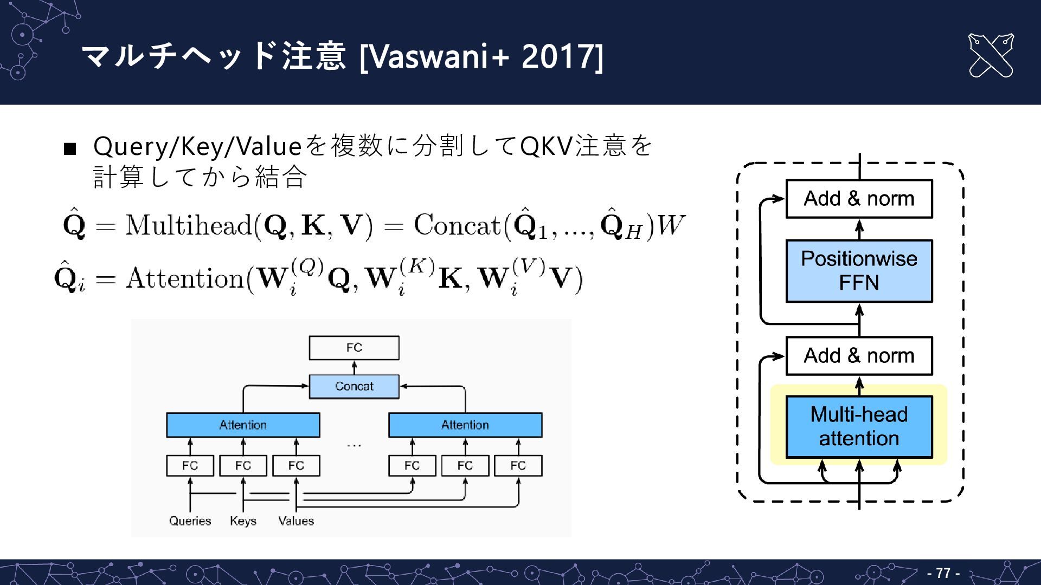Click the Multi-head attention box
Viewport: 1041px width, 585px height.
click(x=859, y=427)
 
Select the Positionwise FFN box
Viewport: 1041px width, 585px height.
click(x=859, y=271)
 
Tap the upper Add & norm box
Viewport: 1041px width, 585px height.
click(x=859, y=199)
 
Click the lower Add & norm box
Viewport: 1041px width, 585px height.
click(x=859, y=356)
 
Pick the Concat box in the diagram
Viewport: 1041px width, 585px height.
click(x=354, y=386)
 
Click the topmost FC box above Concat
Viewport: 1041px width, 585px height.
click(x=354, y=348)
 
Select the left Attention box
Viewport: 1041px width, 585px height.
click(x=243, y=425)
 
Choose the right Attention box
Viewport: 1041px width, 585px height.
click(x=465, y=425)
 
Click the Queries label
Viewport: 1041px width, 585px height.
click(x=190, y=521)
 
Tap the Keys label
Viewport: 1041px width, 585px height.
click(x=243, y=521)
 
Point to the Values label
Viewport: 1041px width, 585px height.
click(x=296, y=521)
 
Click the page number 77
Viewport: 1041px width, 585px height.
click(x=943, y=573)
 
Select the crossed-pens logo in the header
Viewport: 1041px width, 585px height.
click(x=991, y=56)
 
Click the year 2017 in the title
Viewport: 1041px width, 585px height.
click(x=558, y=56)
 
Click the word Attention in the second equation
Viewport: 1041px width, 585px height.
click(x=184, y=278)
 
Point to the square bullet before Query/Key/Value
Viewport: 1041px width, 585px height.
click(x=70, y=148)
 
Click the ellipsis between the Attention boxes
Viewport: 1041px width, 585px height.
click(x=354, y=445)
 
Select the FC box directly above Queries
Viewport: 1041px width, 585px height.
click(x=190, y=465)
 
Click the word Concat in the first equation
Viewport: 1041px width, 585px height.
click(x=457, y=225)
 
